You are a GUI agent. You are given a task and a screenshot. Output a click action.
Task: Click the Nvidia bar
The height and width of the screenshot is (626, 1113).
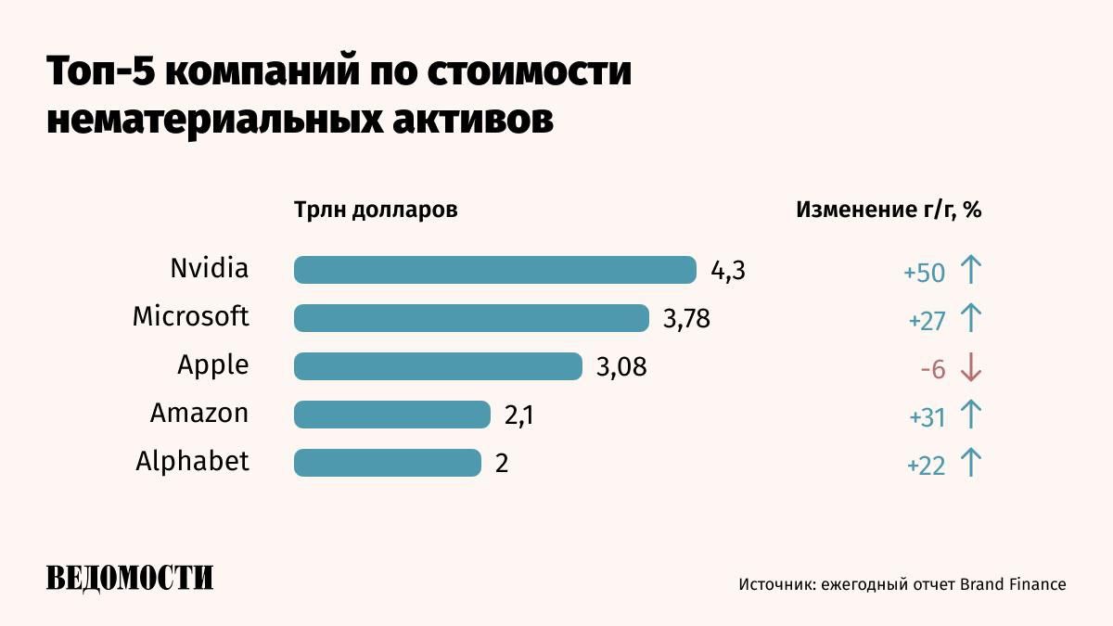[x=494, y=270]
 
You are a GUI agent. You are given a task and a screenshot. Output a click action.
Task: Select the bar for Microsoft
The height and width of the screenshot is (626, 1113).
[x=471, y=318]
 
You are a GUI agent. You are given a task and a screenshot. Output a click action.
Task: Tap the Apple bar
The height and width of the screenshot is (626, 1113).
[x=438, y=366]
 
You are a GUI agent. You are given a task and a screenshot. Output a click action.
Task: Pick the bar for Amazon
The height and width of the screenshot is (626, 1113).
[x=391, y=415]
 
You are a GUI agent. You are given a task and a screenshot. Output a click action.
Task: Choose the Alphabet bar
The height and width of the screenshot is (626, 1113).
[x=388, y=463]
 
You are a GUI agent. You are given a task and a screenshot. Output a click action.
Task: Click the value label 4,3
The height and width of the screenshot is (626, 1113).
[x=728, y=271]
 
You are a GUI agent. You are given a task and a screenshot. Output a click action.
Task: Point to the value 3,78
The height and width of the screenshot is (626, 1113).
[x=686, y=319]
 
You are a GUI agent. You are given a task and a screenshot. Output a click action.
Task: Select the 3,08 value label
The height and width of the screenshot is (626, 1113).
[x=620, y=367]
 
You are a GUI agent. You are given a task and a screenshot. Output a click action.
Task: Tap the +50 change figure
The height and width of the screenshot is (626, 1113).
[x=924, y=273]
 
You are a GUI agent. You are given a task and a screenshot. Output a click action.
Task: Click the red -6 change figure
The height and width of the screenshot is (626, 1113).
[x=932, y=369]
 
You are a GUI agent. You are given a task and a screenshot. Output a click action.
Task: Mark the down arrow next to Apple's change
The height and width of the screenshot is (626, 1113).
[x=970, y=368]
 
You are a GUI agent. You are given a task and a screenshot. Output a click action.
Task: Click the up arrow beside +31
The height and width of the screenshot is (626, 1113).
[x=970, y=415]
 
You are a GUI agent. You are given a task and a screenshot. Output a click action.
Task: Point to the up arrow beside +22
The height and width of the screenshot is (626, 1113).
[x=970, y=463]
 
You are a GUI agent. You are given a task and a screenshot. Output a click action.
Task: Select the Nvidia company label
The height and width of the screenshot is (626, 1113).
[x=210, y=269]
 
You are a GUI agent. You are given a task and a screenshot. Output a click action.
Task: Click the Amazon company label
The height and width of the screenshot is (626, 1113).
[x=199, y=413]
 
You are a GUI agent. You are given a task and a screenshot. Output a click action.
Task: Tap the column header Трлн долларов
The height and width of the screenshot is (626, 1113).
[x=376, y=210]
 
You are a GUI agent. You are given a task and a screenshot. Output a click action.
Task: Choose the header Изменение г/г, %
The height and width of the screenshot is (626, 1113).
[x=889, y=210]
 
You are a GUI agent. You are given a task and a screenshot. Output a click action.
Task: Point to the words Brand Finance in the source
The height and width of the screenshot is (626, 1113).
[x=1013, y=584]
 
